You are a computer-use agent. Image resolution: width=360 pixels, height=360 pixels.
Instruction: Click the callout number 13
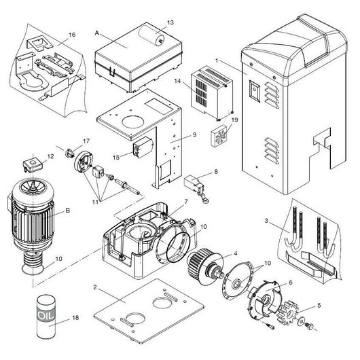point(170,22)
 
